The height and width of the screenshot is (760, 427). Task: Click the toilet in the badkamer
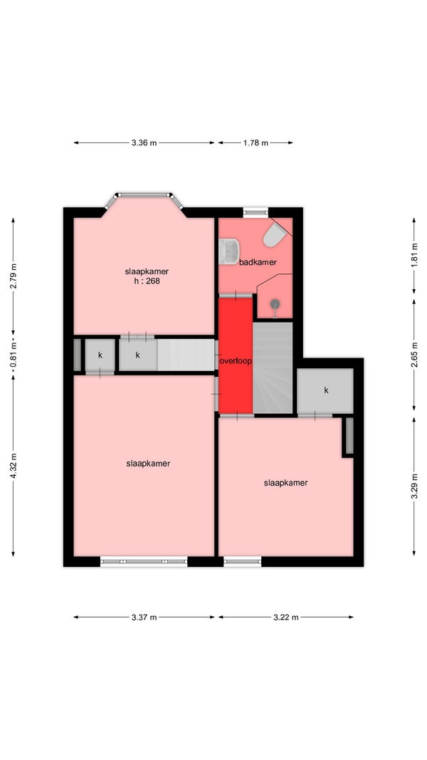(275, 234)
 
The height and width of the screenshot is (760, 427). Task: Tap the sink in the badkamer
(228, 251)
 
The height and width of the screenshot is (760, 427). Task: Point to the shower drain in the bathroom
(275, 304)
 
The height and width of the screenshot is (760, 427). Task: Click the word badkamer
(258, 262)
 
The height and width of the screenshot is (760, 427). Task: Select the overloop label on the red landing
(236, 361)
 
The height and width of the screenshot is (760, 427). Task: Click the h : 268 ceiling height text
(147, 280)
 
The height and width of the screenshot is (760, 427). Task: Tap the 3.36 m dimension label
(144, 142)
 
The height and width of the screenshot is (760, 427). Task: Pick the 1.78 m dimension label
(256, 142)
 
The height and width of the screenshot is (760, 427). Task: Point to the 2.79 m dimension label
(13, 276)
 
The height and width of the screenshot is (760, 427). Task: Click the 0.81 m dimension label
(13, 355)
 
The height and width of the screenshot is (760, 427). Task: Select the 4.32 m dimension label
(13, 466)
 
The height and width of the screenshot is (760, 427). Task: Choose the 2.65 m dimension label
(414, 355)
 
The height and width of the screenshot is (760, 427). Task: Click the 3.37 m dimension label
(144, 617)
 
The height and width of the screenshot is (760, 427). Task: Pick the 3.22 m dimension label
(286, 617)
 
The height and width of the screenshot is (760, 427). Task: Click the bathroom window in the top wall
(255, 212)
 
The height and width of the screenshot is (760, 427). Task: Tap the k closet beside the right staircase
(325, 390)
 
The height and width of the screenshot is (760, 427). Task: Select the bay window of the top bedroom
(144, 198)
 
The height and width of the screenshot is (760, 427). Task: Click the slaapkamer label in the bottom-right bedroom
(286, 483)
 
